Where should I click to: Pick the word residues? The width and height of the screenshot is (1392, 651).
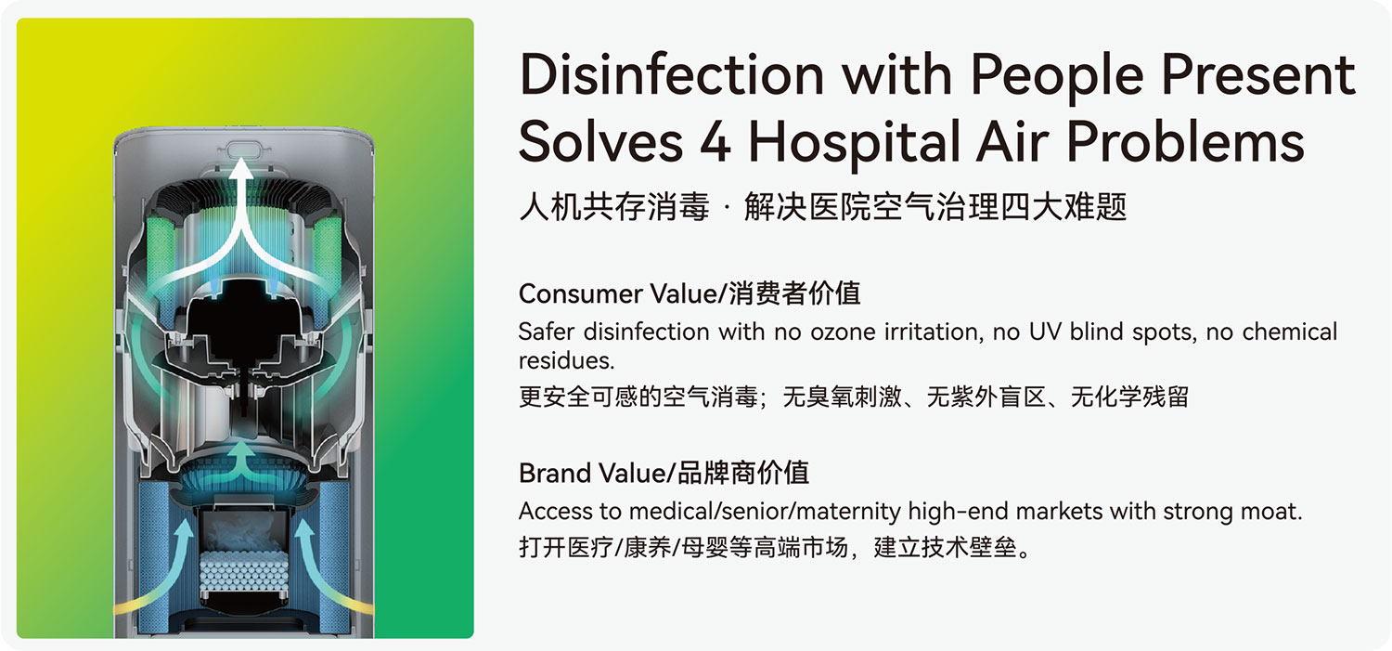point(566,359)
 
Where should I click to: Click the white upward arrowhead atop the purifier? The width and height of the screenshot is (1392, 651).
point(243,171)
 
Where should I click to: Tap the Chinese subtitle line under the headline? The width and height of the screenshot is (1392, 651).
point(822,206)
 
